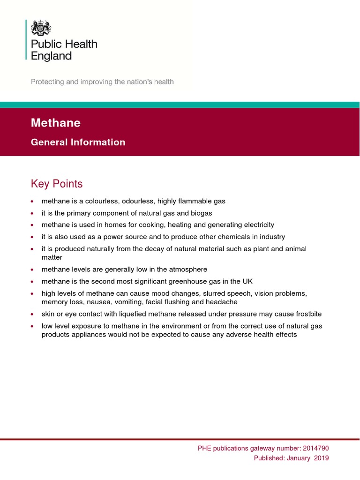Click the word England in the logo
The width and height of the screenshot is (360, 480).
tap(51, 56)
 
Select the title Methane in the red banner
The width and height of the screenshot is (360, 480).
tap(56, 123)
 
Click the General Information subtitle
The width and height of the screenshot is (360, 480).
tap(78, 142)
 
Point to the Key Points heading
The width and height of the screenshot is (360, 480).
tap(57, 184)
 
